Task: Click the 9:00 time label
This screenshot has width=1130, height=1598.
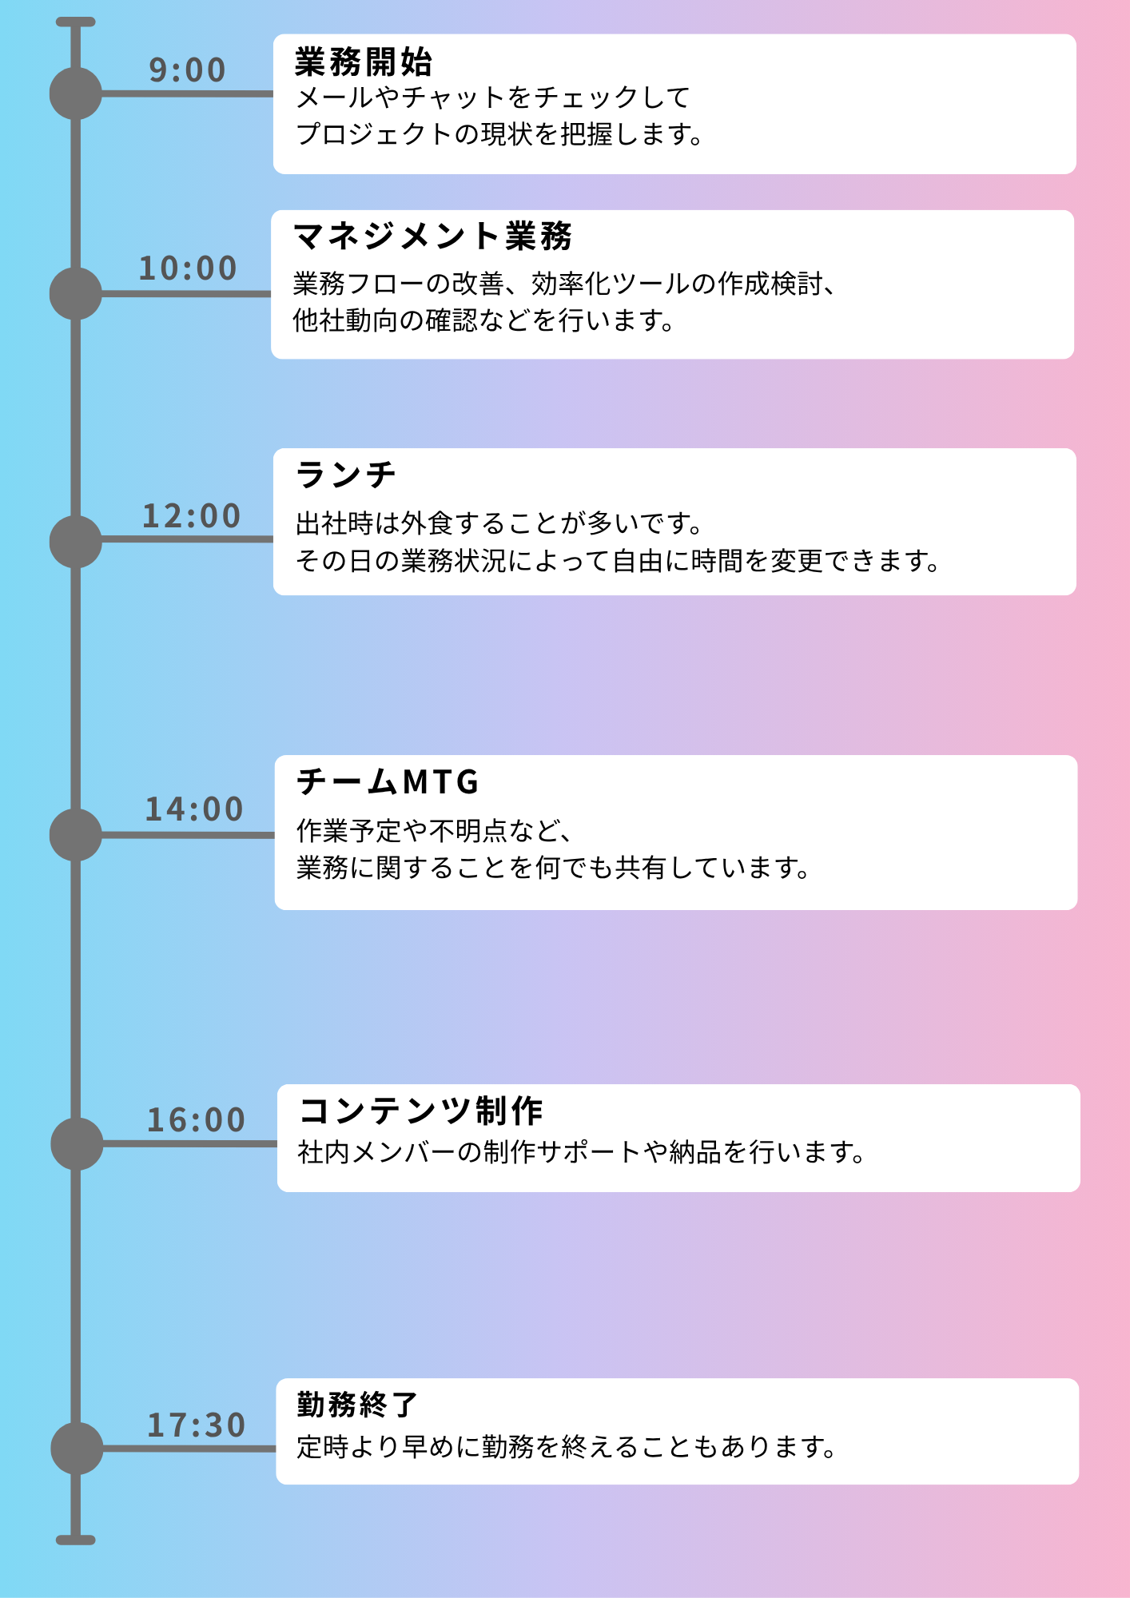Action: pyautogui.click(x=187, y=70)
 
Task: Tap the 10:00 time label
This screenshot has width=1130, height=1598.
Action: pyautogui.click(x=188, y=268)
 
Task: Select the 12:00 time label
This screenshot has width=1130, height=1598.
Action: pyautogui.click(x=191, y=516)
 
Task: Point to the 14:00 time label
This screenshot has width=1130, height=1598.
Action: pyautogui.click(x=193, y=809)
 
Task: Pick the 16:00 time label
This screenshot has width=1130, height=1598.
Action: pyautogui.click(x=196, y=1120)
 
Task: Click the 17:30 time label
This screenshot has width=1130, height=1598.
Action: pyautogui.click(x=196, y=1425)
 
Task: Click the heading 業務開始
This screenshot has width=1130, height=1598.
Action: pyautogui.click(x=364, y=62)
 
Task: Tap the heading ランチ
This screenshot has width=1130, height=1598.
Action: pyautogui.click(x=346, y=475)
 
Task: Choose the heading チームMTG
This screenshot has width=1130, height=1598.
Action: pyautogui.click(x=388, y=781)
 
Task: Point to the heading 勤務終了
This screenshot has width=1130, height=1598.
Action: pyautogui.click(x=357, y=1405)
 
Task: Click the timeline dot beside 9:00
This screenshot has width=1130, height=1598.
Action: pyautogui.click(x=76, y=93)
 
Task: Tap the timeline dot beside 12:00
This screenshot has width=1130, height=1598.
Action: pyautogui.click(x=76, y=542)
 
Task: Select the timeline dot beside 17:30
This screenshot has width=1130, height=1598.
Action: pyautogui.click(x=77, y=1449)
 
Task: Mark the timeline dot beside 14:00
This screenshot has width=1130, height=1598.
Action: pyautogui.click(x=76, y=835)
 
